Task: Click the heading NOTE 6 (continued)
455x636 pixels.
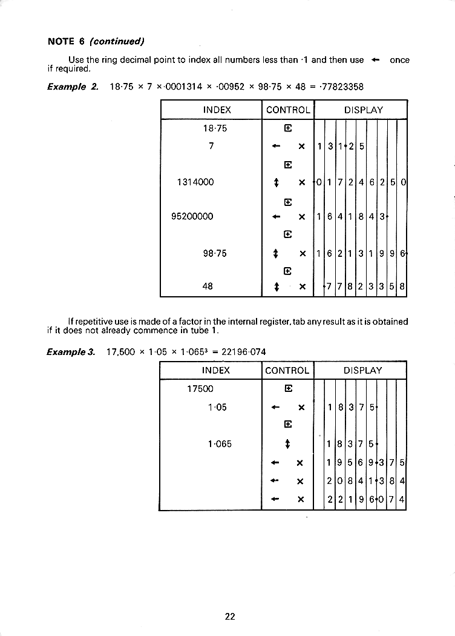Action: click(96, 41)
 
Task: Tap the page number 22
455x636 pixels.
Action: click(229, 617)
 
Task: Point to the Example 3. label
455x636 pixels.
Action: click(71, 352)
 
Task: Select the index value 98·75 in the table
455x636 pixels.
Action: click(215, 253)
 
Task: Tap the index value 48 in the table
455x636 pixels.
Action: click(208, 287)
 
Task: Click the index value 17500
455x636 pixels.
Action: click(201, 389)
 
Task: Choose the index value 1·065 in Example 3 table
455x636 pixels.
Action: click(219, 444)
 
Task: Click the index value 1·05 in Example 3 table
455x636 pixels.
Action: click(217, 407)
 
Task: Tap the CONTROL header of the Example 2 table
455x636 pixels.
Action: click(288, 110)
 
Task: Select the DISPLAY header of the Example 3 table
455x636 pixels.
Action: click(363, 371)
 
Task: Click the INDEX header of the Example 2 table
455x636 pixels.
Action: click(217, 110)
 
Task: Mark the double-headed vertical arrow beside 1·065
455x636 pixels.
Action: click(287, 444)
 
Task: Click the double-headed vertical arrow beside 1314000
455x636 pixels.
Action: click(276, 182)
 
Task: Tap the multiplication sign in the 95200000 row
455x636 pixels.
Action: click(301, 216)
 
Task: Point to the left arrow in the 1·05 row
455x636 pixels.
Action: click(275, 407)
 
